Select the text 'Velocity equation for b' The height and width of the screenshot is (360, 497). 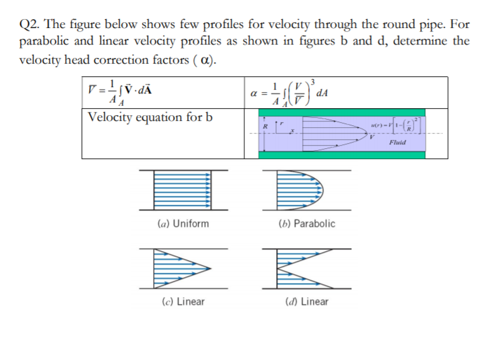150,117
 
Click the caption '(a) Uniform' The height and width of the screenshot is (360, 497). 183,224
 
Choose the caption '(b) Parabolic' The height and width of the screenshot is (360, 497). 307,224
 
